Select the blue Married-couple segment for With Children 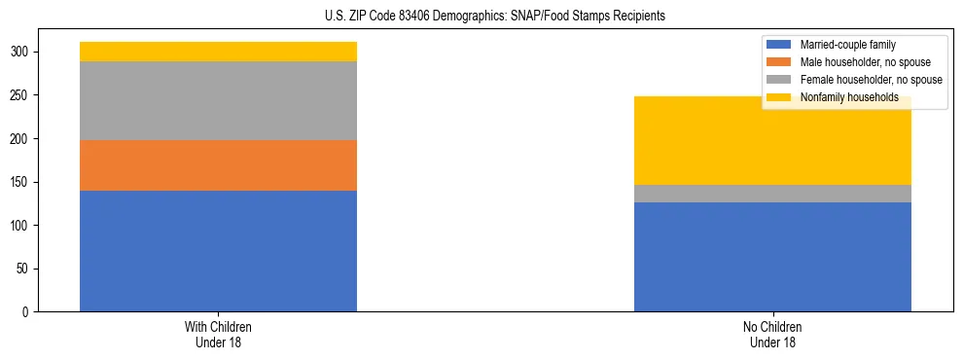click(218, 251)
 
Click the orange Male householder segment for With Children click(218, 165)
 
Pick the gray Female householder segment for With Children click(218, 100)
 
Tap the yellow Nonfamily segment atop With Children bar click(218, 52)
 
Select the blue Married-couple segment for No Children click(772, 257)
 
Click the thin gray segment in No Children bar click(772, 194)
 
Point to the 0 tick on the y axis click(26, 312)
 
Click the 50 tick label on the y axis click(23, 269)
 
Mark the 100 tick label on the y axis click(20, 226)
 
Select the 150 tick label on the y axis click(20, 182)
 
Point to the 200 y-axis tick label click(20, 139)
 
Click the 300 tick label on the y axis click(20, 53)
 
